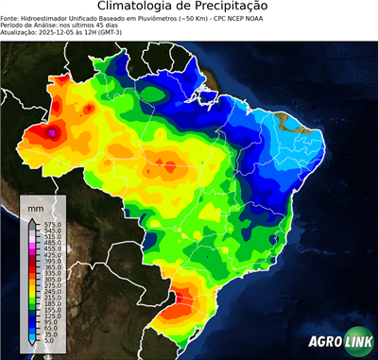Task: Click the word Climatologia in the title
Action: (138, 7)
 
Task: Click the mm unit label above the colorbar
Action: (35, 205)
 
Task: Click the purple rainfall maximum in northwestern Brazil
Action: (52, 134)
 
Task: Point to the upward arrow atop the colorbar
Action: (30, 219)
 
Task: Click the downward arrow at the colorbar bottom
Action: (30, 346)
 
